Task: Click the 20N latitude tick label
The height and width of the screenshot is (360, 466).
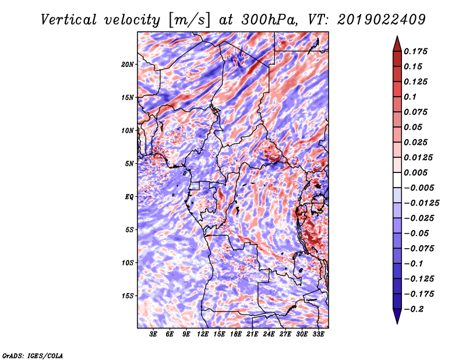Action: [x=128, y=64]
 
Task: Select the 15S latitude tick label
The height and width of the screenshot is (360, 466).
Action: [x=128, y=296]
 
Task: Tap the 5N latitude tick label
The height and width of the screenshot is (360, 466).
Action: [x=129, y=164]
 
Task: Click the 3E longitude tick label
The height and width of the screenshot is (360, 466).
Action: [x=154, y=335]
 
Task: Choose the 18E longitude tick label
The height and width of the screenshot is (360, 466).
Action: [x=236, y=335]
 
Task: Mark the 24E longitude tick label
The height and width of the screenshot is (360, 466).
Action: [x=269, y=335]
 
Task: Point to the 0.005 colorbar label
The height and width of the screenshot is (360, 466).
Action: [x=416, y=172]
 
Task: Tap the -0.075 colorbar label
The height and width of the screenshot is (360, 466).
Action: [x=418, y=248]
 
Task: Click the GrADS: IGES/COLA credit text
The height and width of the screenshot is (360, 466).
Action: [x=33, y=355]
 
